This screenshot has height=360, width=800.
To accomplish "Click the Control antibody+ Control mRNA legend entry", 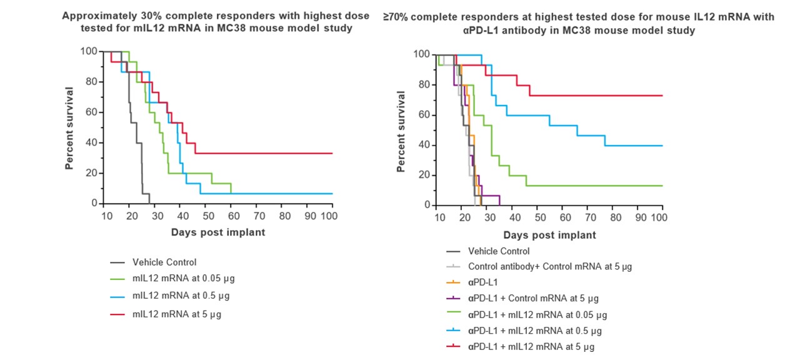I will (x=550, y=267).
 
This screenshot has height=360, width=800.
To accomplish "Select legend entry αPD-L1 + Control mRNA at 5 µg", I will (x=533, y=299).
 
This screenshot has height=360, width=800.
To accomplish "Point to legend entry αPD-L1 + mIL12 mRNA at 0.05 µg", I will (x=537, y=315).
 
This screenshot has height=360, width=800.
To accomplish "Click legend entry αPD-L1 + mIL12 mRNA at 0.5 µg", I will (x=535, y=331).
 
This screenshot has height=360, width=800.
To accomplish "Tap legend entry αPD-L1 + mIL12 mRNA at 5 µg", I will (x=531, y=347).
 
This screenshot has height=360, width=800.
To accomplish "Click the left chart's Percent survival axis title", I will (x=70, y=129).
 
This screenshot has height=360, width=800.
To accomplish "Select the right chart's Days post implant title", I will (x=549, y=236).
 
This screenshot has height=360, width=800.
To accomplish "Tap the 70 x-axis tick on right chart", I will (x=591, y=217).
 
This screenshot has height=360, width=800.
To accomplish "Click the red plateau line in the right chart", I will (x=594, y=96).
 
